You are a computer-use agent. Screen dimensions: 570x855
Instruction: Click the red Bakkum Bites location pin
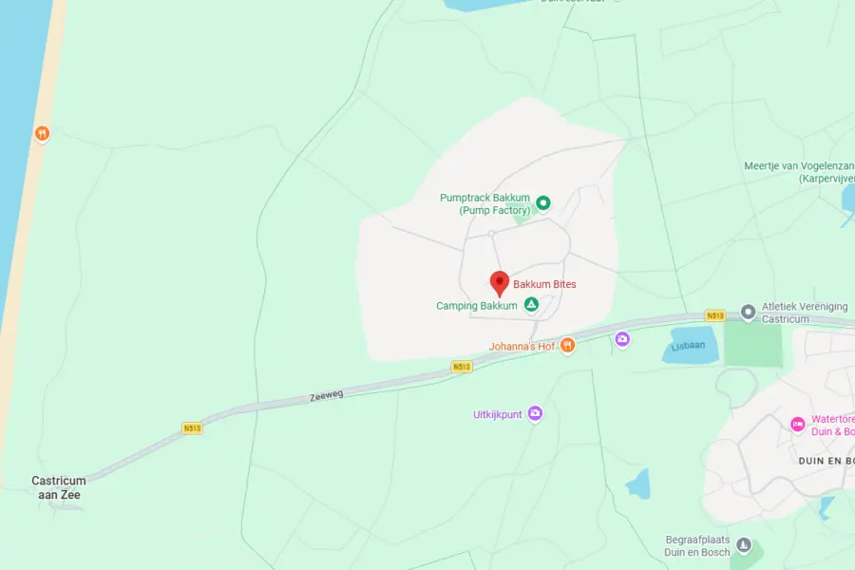point(499,282)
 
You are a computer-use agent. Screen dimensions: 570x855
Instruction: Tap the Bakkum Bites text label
point(544,284)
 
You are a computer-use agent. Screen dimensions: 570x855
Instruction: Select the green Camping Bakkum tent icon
point(531,305)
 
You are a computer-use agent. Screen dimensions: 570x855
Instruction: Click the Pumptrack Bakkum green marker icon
point(543,202)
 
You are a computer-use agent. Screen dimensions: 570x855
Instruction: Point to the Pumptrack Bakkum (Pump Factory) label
point(484,204)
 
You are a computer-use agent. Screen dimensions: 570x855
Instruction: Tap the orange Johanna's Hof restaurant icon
point(568,345)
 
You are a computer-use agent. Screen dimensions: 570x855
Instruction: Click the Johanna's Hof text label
point(522,347)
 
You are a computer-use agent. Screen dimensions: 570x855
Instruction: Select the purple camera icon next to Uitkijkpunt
point(535,413)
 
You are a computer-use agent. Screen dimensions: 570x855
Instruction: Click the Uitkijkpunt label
point(498,414)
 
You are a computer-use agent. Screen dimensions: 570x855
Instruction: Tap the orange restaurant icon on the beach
point(42,133)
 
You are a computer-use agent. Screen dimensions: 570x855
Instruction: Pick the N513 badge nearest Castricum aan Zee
point(192,428)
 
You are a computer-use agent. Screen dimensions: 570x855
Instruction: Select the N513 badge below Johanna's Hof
point(462,366)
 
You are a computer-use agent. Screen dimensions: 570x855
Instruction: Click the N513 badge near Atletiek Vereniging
point(715,315)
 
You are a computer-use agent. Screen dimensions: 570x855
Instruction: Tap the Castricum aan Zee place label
point(58,488)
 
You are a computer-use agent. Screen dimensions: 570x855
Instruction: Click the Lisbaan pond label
point(689,345)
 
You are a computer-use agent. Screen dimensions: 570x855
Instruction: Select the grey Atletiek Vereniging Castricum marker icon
point(748,309)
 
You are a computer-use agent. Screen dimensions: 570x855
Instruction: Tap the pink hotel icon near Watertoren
point(798,424)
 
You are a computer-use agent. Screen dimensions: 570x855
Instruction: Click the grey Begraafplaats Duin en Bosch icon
point(744,545)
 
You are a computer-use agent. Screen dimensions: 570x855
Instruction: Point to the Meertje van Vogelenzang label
point(798,171)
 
